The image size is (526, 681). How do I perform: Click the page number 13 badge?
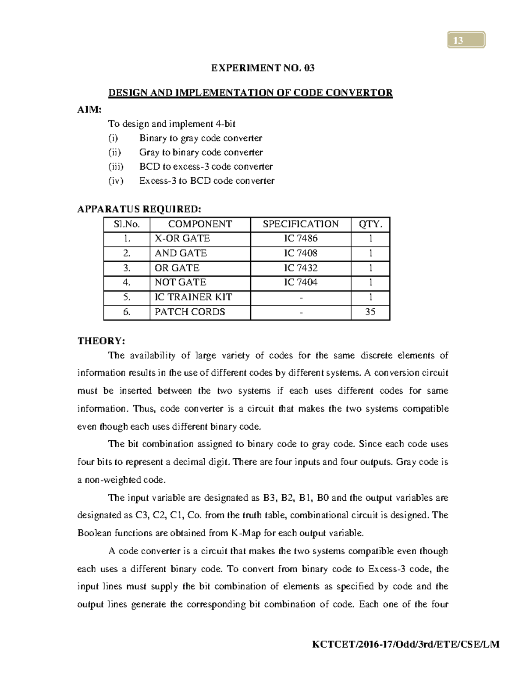pyautogui.click(x=466, y=40)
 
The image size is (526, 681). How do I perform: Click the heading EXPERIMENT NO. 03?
pyautogui.click(x=263, y=68)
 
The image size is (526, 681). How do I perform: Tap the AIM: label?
pyautogui.click(x=89, y=110)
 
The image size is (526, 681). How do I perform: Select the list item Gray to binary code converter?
pyautogui.click(x=201, y=153)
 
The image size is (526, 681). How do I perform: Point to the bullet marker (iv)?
pyautogui.click(x=116, y=181)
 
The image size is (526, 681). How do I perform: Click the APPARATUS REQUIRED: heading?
pyautogui.click(x=139, y=209)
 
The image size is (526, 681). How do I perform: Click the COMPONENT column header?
pyautogui.click(x=200, y=224)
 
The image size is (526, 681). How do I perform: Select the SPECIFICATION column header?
pyautogui.click(x=301, y=224)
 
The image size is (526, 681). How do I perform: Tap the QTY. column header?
pyautogui.click(x=370, y=224)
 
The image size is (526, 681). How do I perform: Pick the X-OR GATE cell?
pyautogui.click(x=182, y=239)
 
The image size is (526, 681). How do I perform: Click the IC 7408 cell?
pyautogui.click(x=301, y=253)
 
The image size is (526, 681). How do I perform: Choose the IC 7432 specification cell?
pyautogui.click(x=301, y=268)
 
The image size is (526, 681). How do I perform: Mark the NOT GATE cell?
pyautogui.click(x=181, y=282)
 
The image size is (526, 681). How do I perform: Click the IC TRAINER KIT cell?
pyautogui.click(x=193, y=297)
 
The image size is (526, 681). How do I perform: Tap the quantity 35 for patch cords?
pyautogui.click(x=370, y=312)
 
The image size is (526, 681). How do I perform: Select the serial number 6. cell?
pyautogui.click(x=127, y=312)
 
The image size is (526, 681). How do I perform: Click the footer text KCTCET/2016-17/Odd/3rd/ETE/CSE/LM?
pyautogui.click(x=405, y=644)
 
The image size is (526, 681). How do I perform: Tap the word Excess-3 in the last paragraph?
pyautogui.click(x=387, y=569)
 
